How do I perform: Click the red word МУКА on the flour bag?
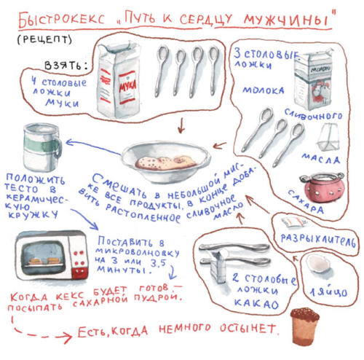pos(127,85)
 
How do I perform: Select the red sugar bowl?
pos(323,187)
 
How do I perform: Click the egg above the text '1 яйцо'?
pos(319,264)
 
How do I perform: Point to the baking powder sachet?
pos(293,222)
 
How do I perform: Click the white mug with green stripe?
pos(42,146)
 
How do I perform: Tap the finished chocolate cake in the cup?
pos(305,326)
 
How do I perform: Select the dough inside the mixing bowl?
pos(165,162)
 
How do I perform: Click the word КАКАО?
pos(256,304)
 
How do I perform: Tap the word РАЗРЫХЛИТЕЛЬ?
pos(318,240)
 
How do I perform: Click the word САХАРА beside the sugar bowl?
pos(306,201)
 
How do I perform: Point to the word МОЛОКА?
pos(264,90)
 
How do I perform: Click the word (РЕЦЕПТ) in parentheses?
pos(44,39)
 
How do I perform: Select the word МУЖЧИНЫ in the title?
pos(286,20)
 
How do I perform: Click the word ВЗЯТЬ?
pos(66,66)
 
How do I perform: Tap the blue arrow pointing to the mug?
pos(93,146)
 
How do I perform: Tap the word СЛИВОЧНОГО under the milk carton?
pos(314,114)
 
